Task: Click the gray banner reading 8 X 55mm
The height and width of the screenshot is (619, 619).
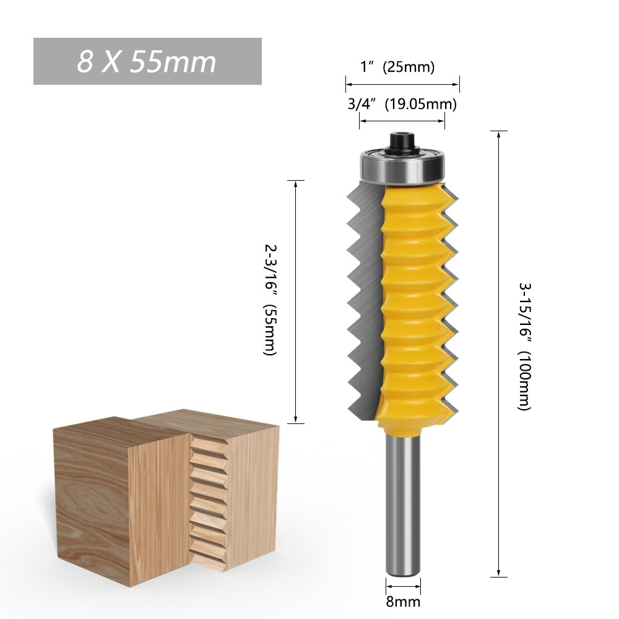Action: tap(147, 61)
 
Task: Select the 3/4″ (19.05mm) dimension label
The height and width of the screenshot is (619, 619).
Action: tap(402, 104)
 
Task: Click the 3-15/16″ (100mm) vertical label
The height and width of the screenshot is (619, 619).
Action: tap(525, 347)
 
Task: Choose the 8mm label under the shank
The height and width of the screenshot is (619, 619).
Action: tap(404, 601)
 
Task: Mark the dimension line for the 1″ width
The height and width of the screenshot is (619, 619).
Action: tap(402, 83)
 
